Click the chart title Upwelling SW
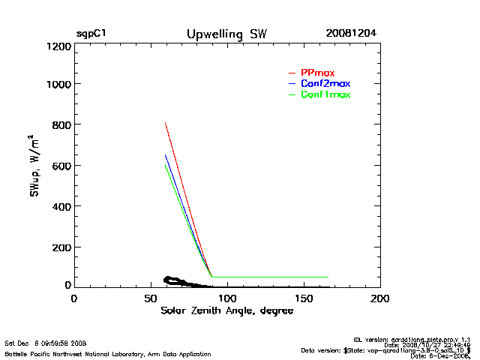click(226, 34)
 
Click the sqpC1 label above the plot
click(91, 34)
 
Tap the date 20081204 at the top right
click(351, 34)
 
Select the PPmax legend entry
click(317, 72)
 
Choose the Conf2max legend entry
click(325, 83)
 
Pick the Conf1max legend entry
click(325, 94)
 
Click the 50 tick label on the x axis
click(150, 298)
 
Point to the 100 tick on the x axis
click(226, 298)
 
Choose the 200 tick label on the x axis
click(380, 298)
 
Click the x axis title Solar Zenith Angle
click(226, 310)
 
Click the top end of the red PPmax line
click(165, 123)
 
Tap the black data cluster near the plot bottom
click(174, 280)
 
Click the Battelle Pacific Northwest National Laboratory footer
click(108, 353)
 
